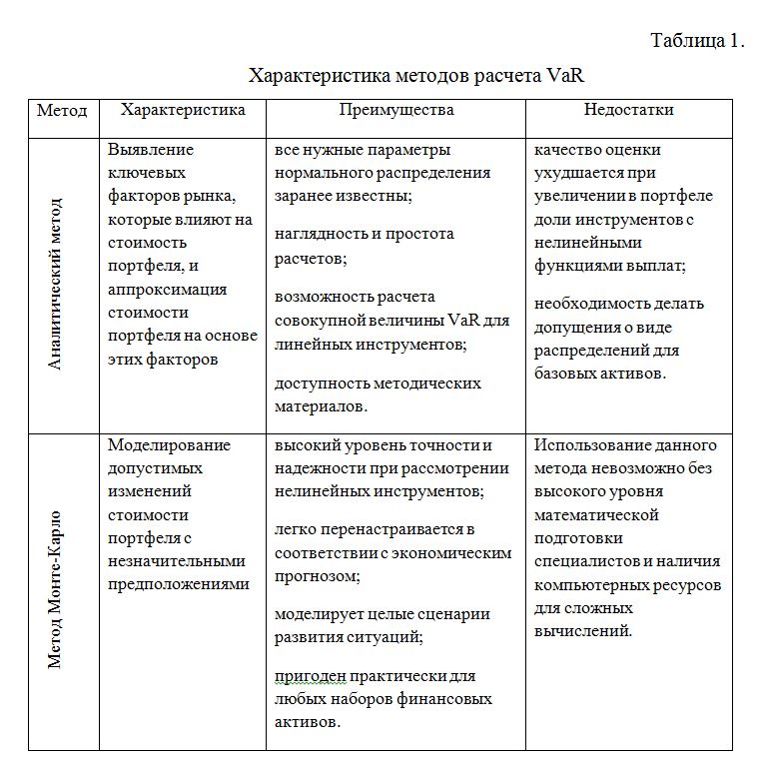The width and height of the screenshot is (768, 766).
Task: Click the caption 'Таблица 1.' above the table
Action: click(698, 41)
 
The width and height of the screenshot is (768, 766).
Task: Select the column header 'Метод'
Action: click(62, 111)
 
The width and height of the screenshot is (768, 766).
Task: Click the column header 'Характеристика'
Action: click(182, 111)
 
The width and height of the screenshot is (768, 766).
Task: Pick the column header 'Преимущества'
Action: click(395, 111)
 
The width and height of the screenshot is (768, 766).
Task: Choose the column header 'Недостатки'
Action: click(628, 111)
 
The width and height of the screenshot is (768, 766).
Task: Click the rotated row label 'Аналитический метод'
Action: click(56, 285)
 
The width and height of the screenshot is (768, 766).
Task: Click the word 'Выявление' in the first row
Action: click(151, 150)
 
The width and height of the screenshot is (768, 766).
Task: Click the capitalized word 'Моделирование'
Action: click(169, 445)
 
